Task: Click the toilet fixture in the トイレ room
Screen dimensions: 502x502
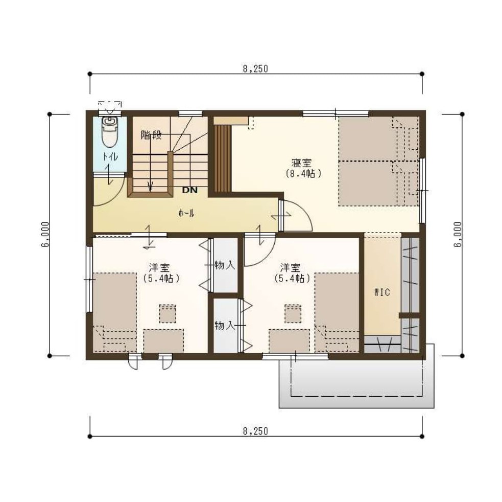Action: [x=110, y=132]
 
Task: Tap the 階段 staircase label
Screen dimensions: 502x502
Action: [x=151, y=135]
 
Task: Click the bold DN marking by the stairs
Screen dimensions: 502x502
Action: [x=190, y=190]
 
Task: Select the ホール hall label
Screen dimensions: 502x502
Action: [x=186, y=213]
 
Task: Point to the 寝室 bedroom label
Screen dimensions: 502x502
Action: [x=302, y=163]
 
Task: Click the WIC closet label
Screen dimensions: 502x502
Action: [x=382, y=292]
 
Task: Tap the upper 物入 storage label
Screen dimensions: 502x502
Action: [x=225, y=265]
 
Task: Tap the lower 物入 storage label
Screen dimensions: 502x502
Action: [x=225, y=326]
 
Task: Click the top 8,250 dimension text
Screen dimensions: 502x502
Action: [x=255, y=69]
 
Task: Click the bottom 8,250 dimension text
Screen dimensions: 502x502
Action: [x=255, y=431]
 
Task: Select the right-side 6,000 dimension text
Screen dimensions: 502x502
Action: [x=458, y=234]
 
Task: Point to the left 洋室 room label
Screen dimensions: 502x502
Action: [x=159, y=267]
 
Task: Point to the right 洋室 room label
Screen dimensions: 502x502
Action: [x=291, y=267]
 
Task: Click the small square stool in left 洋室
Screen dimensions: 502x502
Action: [x=168, y=314]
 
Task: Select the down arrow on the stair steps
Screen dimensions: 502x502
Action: [x=150, y=186]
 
